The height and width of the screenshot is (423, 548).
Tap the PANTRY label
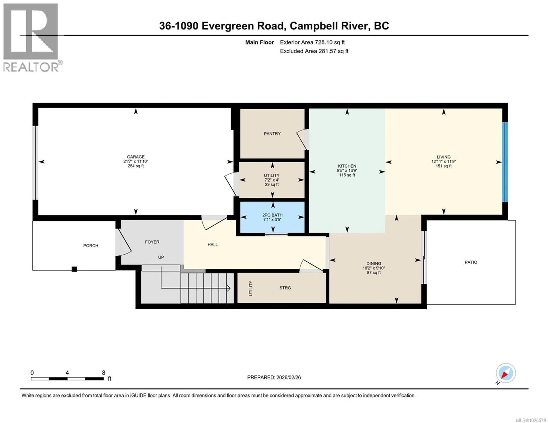pyautogui.click(x=272, y=134)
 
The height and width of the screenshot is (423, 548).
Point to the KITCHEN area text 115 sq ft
pyautogui.click(x=347, y=175)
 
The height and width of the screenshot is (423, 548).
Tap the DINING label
pyautogui.click(x=374, y=263)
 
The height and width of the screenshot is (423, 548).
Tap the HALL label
pyautogui.click(x=212, y=245)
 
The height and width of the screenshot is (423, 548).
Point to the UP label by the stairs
pyautogui.click(x=161, y=257)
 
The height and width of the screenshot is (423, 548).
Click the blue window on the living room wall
pyautogui.click(x=505, y=162)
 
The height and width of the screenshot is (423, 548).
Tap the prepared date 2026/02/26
pyautogui.click(x=288, y=377)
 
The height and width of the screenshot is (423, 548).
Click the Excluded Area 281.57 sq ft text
pyautogui.click(x=314, y=51)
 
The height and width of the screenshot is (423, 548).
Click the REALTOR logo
pyautogui.click(x=31, y=38)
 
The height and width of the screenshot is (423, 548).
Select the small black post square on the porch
pyautogui.click(x=74, y=269)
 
